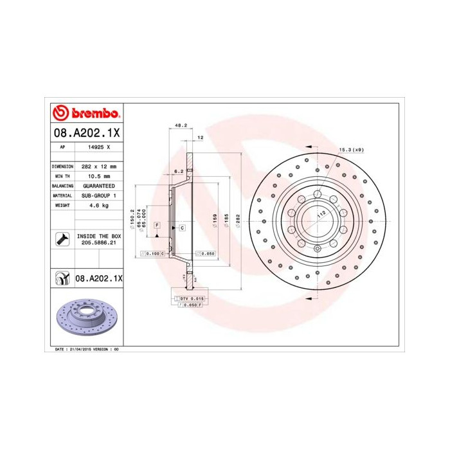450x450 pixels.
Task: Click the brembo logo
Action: (x=86, y=114)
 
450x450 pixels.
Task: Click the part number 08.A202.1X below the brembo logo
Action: (x=85, y=133)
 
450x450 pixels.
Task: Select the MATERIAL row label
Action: (x=62, y=195)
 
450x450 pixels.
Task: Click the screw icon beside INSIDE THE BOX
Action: (x=62, y=239)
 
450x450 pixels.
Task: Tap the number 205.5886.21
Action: (x=98, y=244)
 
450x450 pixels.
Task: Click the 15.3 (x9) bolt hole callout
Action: (x=351, y=150)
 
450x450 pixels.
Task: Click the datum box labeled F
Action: (x=156, y=224)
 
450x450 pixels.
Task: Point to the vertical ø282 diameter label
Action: (x=238, y=219)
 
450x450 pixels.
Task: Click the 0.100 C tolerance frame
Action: (x=152, y=254)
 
